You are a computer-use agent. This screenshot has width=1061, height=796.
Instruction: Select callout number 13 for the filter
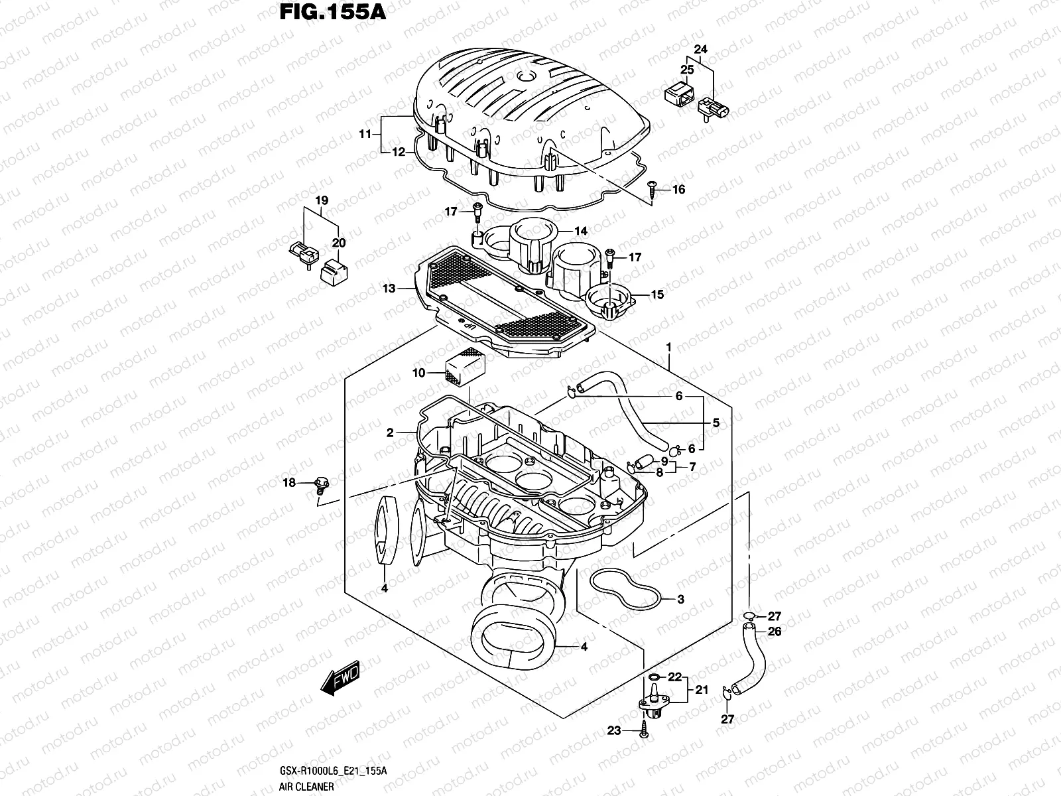coord(389,289)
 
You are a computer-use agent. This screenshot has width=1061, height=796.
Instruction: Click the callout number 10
coord(418,373)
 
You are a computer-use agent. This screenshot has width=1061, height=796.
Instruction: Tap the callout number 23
coord(614,730)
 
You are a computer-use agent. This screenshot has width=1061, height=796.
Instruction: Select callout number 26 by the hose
coord(775,631)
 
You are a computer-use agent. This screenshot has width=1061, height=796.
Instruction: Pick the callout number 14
coord(581,232)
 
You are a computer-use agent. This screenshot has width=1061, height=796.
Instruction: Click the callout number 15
coord(657,295)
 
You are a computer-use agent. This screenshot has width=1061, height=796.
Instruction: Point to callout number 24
coord(701,49)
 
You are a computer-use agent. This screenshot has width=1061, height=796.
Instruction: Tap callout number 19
coord(322,200)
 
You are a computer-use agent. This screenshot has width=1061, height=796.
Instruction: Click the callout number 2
coord(390,433)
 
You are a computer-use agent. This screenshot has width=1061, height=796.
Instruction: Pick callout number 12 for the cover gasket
coord(398,152)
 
